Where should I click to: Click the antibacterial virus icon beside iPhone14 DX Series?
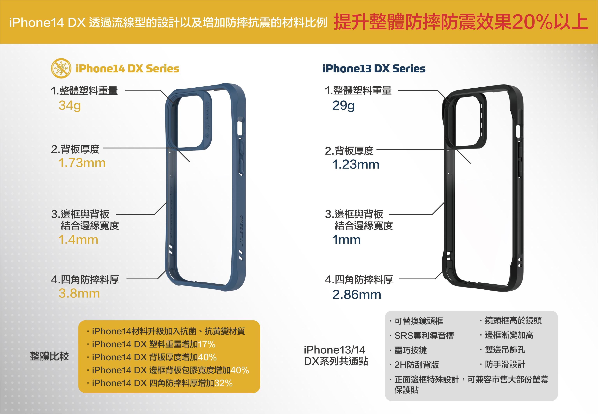[61, 68]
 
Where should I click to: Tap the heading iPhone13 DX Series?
[374, 69]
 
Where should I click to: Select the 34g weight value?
[69, 105]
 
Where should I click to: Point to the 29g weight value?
[343, 105]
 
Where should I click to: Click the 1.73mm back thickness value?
[82, 163]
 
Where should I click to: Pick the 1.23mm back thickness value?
[355, 164]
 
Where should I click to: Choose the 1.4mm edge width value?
[78, 239]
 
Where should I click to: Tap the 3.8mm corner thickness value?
[79, 293]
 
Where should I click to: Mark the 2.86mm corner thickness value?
[357, 294]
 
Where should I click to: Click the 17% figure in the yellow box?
[207, 344]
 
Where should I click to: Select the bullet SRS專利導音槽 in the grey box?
[424, 336]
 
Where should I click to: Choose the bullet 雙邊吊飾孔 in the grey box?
[505, 350]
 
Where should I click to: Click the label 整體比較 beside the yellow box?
[49, 356]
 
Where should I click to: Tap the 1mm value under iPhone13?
[346, 239]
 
